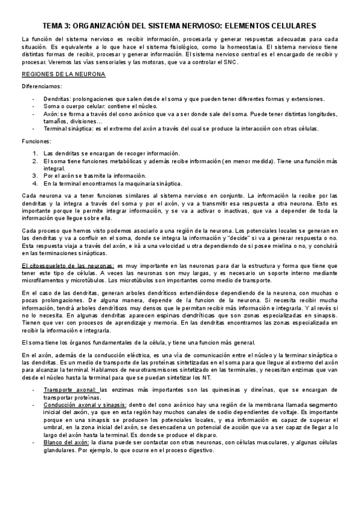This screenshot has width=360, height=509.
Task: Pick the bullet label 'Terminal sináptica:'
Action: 70,128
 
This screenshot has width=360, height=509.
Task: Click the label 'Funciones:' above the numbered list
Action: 34,141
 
